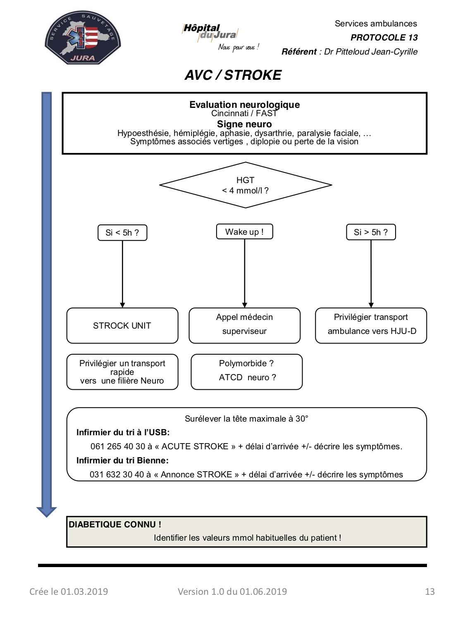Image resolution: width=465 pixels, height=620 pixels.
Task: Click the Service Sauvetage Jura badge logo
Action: (x=83, y=38)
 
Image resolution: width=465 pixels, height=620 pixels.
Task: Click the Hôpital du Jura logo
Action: (x=220, y=37)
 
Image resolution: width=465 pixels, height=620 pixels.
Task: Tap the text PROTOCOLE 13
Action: (x=384, y=38)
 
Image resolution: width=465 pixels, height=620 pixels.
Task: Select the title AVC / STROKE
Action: (x=233, y=75)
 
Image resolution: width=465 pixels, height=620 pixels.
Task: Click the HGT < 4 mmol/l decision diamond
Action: (x=246, y=185)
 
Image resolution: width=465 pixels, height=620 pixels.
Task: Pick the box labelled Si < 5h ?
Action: (x=122, y=232)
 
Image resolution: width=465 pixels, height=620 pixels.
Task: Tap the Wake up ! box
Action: (x=245, y=231)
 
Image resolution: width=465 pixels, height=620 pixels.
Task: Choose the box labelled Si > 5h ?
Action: (x=371, y=232)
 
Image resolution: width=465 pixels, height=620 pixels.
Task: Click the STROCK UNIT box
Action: (x=122, y=325)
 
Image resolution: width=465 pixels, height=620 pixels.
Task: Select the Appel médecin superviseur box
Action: (x=245, y=325)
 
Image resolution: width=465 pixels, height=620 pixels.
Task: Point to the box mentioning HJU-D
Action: (x=371, y=325)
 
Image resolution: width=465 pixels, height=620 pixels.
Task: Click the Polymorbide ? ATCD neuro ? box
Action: (x=246, y=372)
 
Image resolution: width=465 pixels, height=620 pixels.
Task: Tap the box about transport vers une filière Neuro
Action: (x=122, y=372)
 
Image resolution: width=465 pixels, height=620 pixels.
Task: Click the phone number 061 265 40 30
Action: (x=118, y=446)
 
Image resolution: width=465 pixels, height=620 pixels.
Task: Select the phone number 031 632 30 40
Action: (x=117, y=474)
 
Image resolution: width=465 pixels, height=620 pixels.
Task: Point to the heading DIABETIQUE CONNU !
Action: (x=115, y=524)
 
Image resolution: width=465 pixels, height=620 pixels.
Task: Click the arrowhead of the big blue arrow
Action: (x=47, y=512)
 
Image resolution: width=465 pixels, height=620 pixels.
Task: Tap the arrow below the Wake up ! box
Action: (x=245, y=274)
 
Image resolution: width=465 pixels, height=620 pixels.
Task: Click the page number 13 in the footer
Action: (x=430, y=591)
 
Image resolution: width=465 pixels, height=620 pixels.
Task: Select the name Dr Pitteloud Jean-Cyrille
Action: (x=371, y=52)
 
